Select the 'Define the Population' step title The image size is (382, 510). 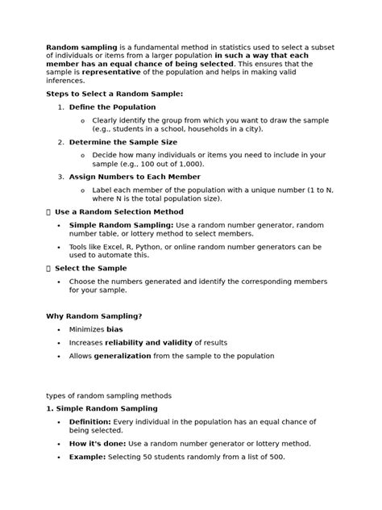pos(112,107)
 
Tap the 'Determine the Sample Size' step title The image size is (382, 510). pos(122,141)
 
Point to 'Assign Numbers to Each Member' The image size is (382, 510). pos(135,176)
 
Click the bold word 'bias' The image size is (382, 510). pos(114,329)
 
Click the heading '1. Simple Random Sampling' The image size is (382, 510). pos(102,409)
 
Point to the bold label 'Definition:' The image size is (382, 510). pos(89,421)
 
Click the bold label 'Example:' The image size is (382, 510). pos(87,456)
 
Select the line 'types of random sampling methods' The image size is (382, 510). pos(109,395)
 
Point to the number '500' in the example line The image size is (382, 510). pos(275,456)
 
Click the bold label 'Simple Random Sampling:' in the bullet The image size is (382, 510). pos(121,224)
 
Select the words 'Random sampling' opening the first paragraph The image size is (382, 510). pos(81,47)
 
